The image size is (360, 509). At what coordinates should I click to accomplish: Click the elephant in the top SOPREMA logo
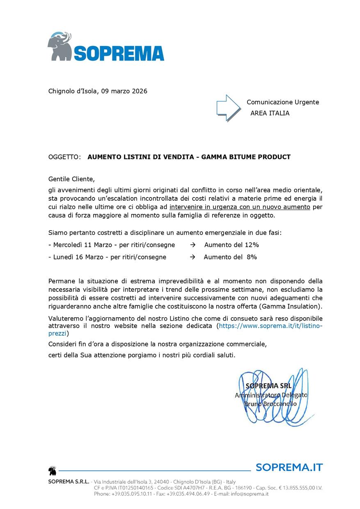pyautogui.click(x=60, y=46)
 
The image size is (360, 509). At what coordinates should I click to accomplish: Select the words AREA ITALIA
pyautogui.click(x=270, y=113)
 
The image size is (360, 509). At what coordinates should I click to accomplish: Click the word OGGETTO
pyautogui.click(x=64, y=157)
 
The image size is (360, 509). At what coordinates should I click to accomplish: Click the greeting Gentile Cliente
pyautogui.click(x=71, y=179)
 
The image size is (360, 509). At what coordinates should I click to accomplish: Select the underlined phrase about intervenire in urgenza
pyautogui.click(x=240, y=207)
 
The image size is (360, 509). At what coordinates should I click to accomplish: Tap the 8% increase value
pyautogui.click(x=252, y=257)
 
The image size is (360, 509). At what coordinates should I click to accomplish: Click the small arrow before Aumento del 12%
pyautogui.click(x=193, y=245)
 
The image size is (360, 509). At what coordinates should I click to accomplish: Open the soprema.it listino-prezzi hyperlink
pyautogui.click(x=271, y=326)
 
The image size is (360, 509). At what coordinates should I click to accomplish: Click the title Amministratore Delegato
pyautogui.click(x=271, y=395)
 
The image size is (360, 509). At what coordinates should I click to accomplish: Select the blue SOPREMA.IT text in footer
pyautogui.click(x=289, y=467)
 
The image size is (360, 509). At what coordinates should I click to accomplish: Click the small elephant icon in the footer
pyautogui.click(x=52, y=470)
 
